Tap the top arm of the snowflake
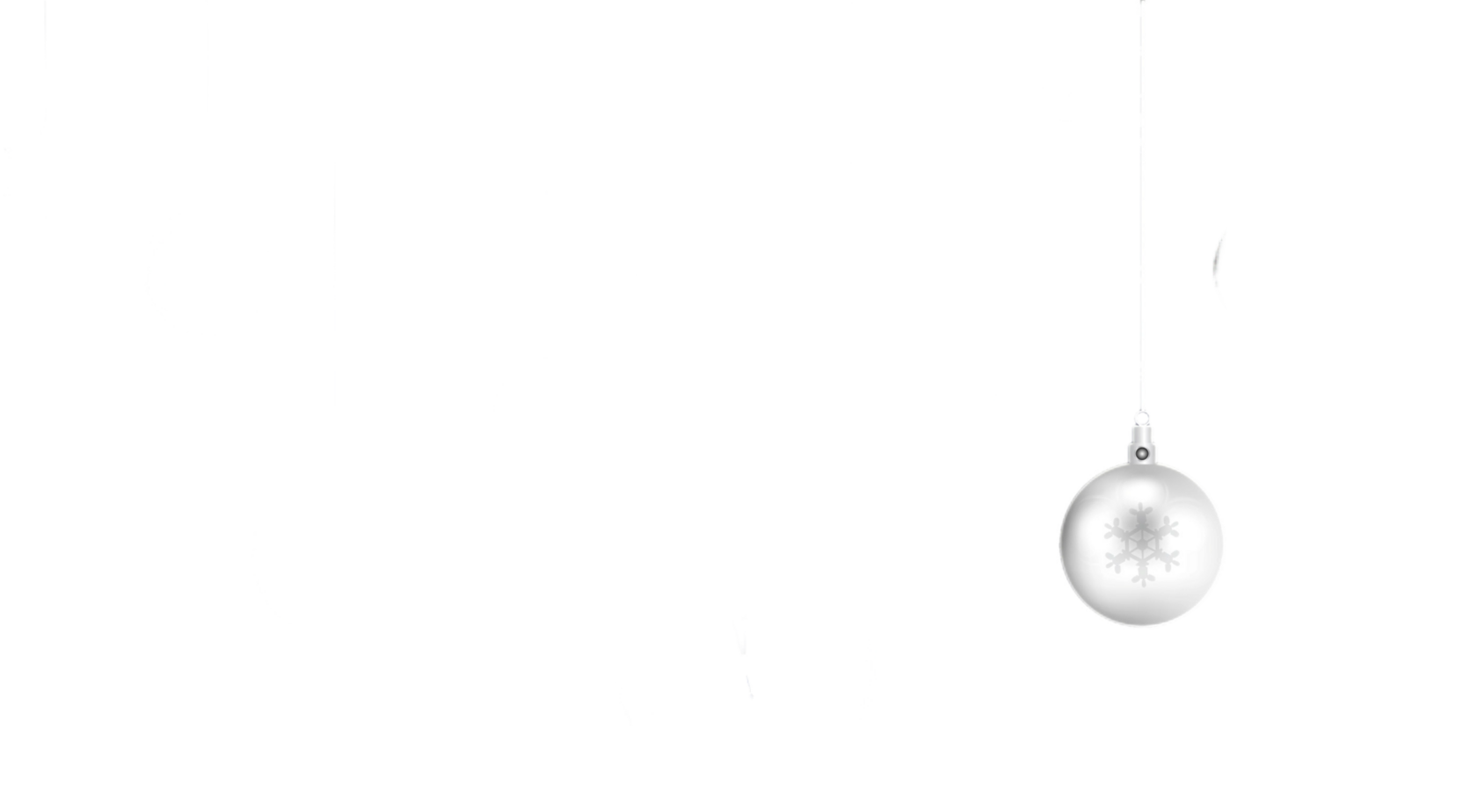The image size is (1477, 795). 1141,514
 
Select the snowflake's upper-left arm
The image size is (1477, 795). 1117,527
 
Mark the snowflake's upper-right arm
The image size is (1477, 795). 1166,527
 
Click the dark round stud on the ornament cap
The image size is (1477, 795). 1142,454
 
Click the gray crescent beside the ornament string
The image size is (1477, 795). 1220,266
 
